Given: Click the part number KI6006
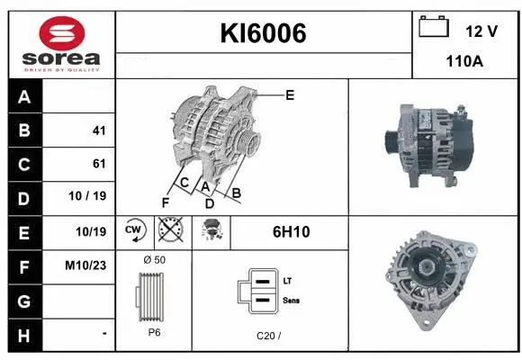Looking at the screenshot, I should coord(264,33).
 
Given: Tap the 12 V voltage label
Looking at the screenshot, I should coord(481,31).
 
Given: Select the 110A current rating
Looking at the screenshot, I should coord(465,62).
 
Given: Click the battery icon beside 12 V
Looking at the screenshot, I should coord(434,28).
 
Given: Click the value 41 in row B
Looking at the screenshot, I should coord(99,130).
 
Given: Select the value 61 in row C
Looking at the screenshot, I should coord(99,164).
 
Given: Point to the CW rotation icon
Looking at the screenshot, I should coord(134,231).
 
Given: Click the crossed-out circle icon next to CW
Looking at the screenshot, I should coord(168,231).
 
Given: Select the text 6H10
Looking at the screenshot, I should coord(291,232).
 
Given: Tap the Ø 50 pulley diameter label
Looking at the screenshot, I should coord(154,260).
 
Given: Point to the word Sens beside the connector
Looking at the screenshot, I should coord(292,299).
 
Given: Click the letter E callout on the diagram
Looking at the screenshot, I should coord(290,94).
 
